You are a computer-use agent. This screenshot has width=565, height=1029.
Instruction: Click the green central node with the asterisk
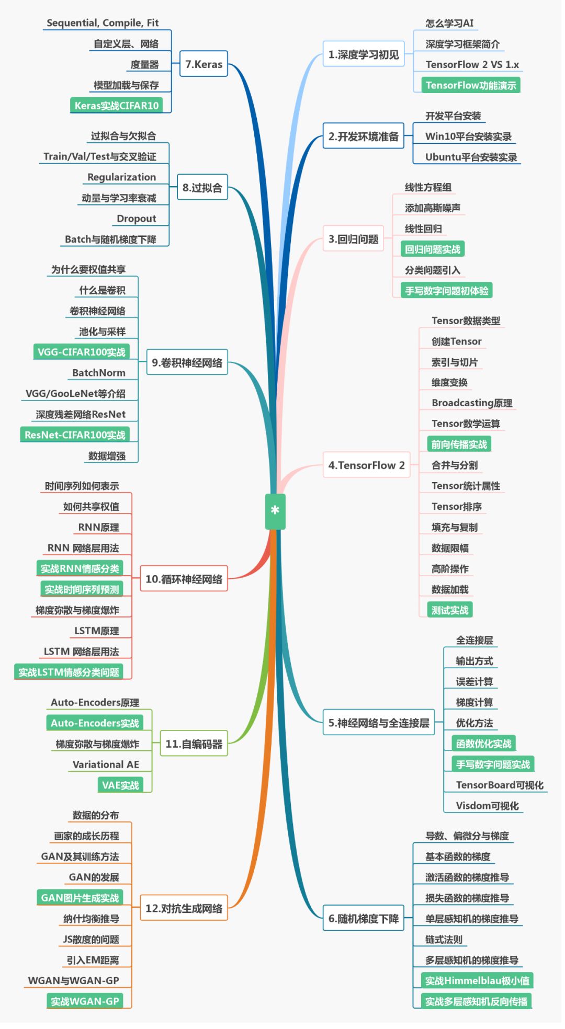(275, 511)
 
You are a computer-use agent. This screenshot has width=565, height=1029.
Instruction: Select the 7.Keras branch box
(204, 64)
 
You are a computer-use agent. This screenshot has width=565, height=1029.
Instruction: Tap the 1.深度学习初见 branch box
(364, 54)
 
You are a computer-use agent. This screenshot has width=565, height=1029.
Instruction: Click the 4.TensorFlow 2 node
(366, 465)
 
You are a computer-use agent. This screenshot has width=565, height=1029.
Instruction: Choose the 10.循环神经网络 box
(184, 579)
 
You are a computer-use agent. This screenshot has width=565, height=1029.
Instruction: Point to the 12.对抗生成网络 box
(184, 908)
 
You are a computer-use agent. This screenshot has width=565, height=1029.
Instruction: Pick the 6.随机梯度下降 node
(364, 918)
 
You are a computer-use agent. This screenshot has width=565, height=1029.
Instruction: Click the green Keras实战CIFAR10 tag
(116, 105)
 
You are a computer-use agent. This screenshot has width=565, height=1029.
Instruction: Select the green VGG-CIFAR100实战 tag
(81, 352)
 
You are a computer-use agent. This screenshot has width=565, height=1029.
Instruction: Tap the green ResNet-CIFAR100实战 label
(75, 435)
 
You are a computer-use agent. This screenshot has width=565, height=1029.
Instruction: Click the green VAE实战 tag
(120, 785)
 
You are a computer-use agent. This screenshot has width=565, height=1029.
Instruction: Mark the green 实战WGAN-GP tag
(85, 1001)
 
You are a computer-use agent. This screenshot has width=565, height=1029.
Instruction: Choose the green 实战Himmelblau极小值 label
(477, 980)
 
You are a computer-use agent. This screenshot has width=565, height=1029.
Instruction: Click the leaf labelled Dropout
(136, 218)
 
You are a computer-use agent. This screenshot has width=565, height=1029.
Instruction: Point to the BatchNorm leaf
(99, 372)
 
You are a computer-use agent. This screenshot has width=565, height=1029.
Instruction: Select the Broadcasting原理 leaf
(472, 403)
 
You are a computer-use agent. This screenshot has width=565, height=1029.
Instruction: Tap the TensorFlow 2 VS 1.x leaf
(472, 64)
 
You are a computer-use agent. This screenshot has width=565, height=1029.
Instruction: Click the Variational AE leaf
(106, 764)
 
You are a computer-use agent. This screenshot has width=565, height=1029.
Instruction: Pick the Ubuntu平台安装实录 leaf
(471, 157)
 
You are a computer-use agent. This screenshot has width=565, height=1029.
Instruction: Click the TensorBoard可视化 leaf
(500, 784)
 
